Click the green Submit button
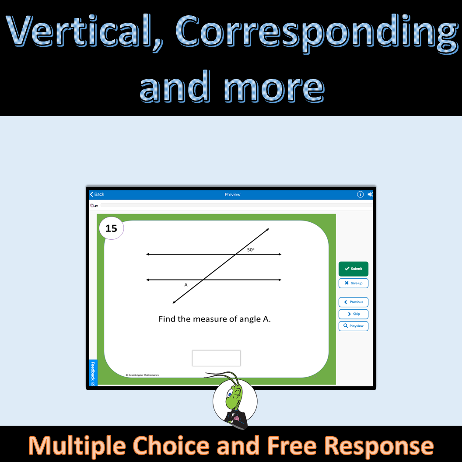tap(353, 269)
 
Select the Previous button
tap(353, 302)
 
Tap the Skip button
tap(353, 314)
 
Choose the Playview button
tap(353, 326)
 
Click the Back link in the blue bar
tap(97, 194)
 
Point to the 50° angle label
tap(251, 249)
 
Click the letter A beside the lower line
tap(185, 285)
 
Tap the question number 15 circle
tap(112, 228)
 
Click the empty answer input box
tap(216, 358)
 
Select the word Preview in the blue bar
tap(232, 194)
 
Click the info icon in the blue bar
tap(360, 194)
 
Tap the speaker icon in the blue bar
tap(370, 194)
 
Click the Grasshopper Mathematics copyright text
tap(142, 375)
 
